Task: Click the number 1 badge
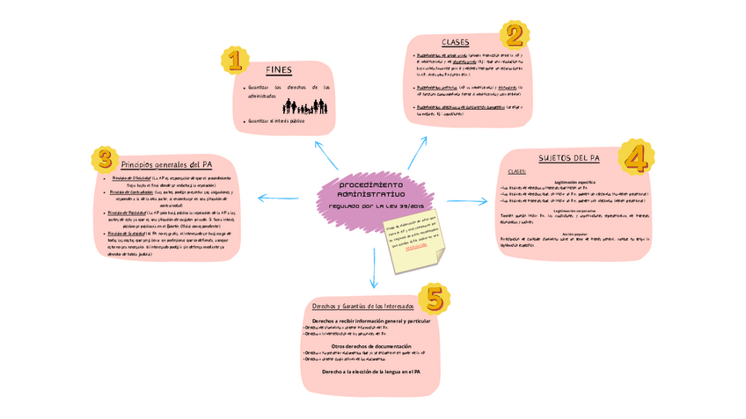(233, 60)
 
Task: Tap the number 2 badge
(514, 34)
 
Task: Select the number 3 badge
(105, 159)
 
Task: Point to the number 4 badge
(635, 157)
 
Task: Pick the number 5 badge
(434, 299)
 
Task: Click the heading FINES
(278, 70)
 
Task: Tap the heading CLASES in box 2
(455, 42)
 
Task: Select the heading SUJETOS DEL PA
(568, 158)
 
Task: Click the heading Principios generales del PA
(166, 164)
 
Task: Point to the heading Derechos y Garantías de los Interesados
(362, 306)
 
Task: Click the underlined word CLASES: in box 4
(516, 172)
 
